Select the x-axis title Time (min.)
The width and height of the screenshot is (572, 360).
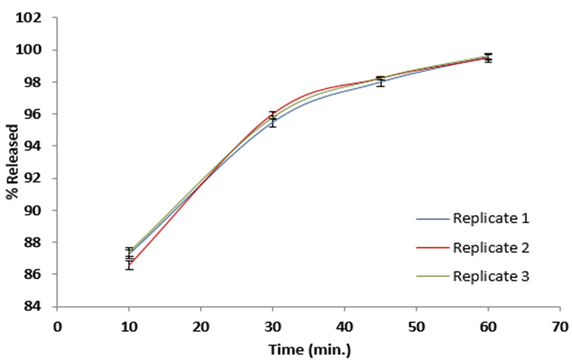309,350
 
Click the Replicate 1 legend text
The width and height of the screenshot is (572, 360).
491,219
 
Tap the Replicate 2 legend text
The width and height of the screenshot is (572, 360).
491,248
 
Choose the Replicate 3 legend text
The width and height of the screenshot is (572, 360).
491,276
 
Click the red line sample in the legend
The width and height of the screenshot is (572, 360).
433,248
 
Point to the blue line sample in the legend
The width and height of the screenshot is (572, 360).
433,219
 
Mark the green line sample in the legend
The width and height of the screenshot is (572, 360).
433,277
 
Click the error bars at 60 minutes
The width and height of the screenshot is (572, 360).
488,58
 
